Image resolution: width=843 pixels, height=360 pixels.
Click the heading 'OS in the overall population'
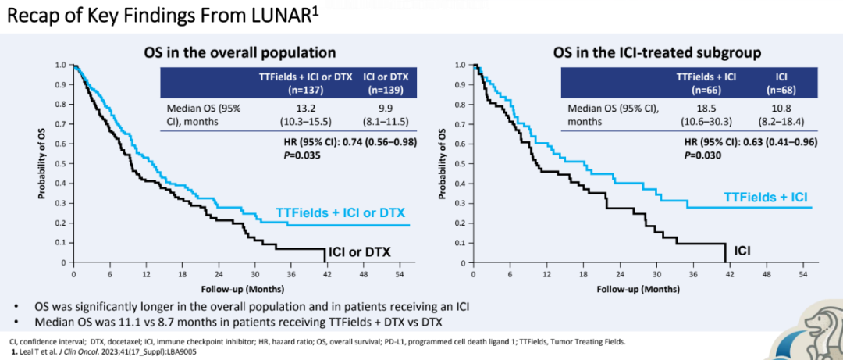[240, 53]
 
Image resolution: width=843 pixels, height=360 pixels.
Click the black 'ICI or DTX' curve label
[359, 251]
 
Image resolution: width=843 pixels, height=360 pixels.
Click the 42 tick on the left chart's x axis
[325, 275]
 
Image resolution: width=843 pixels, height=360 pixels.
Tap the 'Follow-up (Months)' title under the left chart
[240, 288]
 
